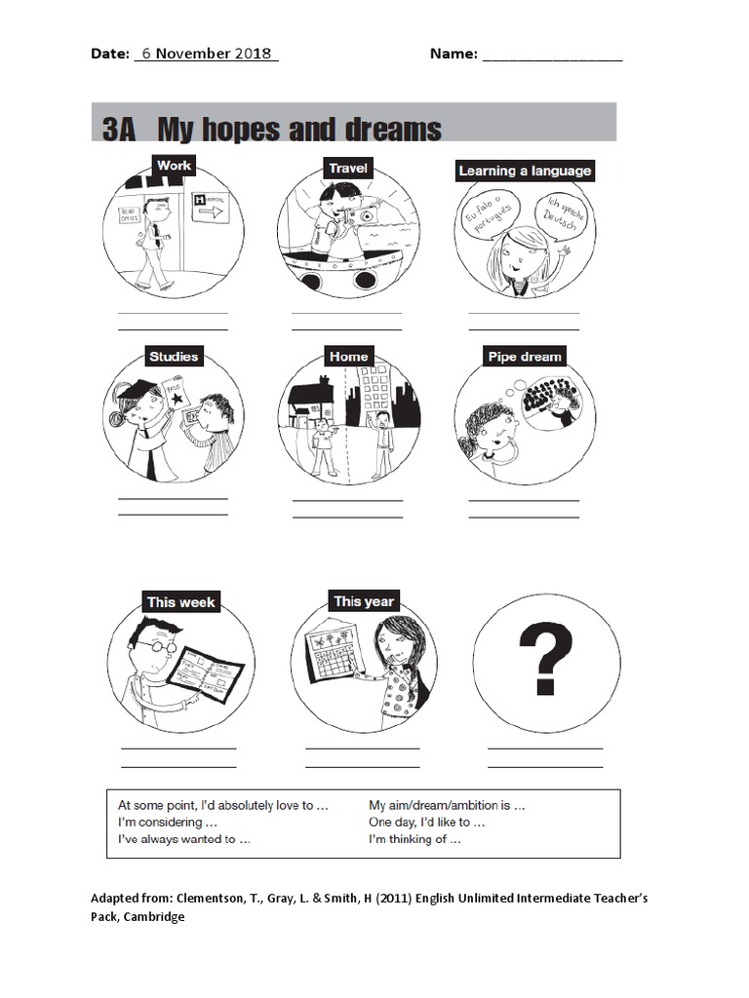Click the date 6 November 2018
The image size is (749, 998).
click(206, 54)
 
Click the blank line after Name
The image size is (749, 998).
click(551, 56)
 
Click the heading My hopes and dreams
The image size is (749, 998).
click(298, 130)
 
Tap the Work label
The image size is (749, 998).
click(174, 166)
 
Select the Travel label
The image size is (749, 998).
click(347, 169)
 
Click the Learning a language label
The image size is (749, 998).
click(525, 171)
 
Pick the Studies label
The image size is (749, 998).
click(174, 357)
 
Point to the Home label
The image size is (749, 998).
click(348, 357)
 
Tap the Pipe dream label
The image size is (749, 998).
click(525, 357)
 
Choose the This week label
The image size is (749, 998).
click(181, 602)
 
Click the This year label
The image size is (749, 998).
click(363, 601)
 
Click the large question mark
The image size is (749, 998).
click(544, 659)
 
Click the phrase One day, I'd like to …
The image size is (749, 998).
click(426, 823)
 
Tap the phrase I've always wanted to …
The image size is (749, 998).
click(183, 839)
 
